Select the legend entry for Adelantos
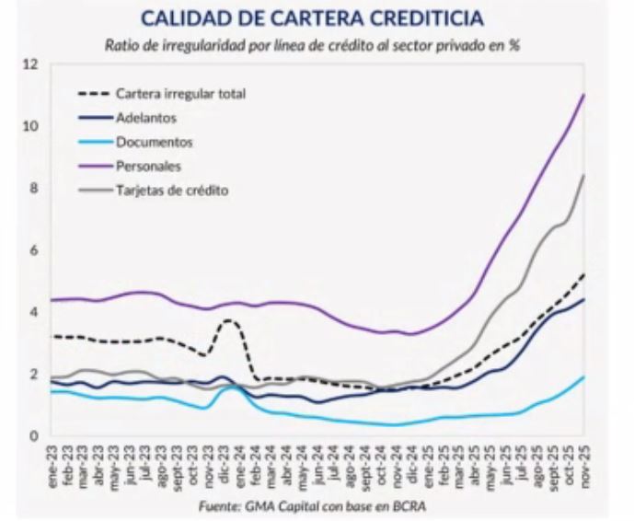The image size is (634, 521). pos(146,118)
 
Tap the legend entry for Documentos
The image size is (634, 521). pos(154,142)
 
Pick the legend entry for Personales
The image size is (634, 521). pos(148,167)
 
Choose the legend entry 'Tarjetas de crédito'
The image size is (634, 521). pos(171,191)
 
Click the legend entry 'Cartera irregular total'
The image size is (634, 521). pos(181,94)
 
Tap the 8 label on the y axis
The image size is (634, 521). pos(34,189)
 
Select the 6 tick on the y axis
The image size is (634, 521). pos(34,250)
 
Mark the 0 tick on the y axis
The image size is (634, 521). pos(34,436)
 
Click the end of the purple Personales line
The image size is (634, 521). pos(584,95)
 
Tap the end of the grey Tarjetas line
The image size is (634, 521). pos(584,175)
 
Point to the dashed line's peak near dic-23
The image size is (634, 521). pos(228,320)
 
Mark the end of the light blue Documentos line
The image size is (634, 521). pos(584,376)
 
